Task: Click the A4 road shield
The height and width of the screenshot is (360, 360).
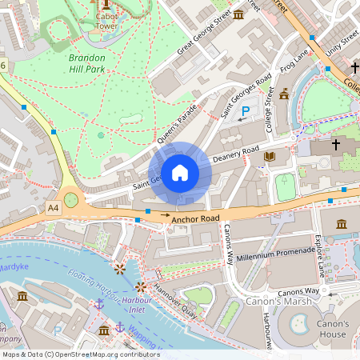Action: point(53,208)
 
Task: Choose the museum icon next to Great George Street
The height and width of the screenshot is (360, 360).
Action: point(238,15)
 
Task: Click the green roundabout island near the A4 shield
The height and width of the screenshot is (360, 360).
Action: point(70,199)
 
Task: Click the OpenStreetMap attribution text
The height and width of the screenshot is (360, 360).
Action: point(80,354)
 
